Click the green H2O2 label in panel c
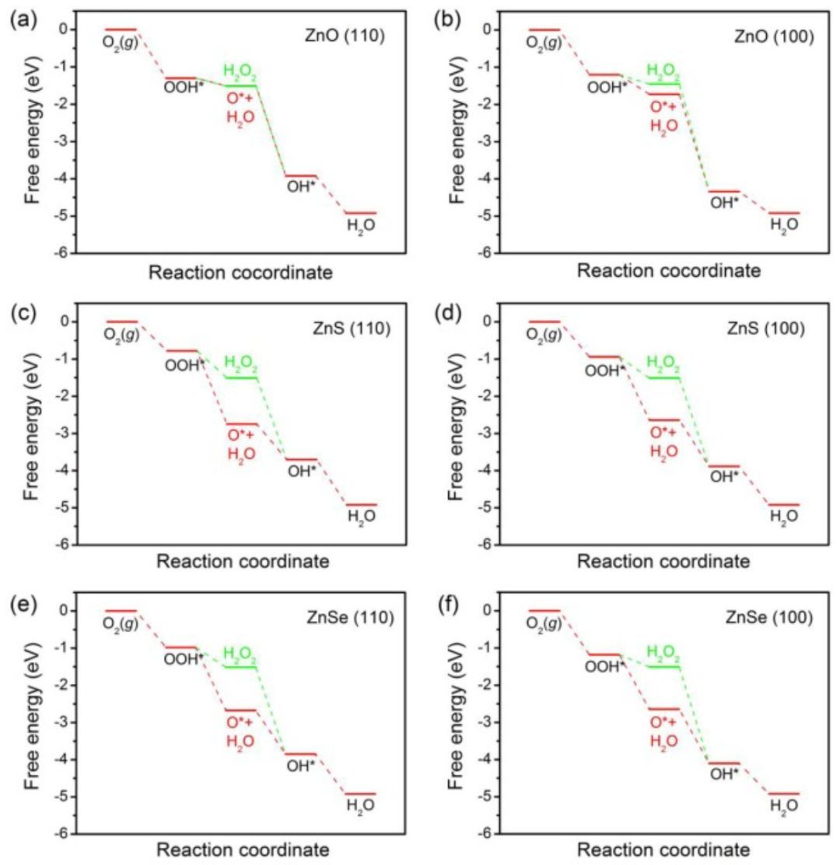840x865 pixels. [240, 363]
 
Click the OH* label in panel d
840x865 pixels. [725, 476]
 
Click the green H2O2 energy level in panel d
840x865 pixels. [663, 377]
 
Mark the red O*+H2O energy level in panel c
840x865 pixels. [241, 424]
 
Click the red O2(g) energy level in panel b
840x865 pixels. [544, 30]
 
